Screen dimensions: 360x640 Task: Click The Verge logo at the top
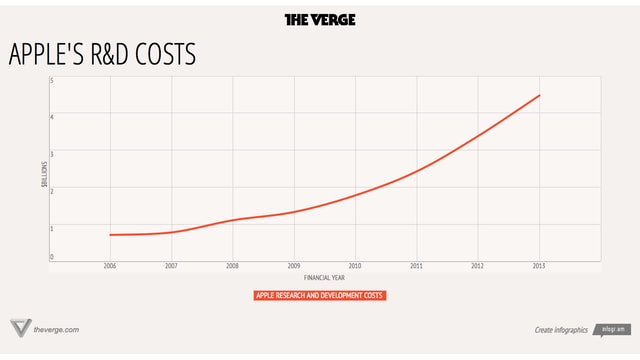[320, 19]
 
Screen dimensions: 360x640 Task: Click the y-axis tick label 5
[51, 80]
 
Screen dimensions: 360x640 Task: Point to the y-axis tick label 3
[51, 153]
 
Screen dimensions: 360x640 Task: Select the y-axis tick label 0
[51, 258]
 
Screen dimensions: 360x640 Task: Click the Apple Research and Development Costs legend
[320, 296]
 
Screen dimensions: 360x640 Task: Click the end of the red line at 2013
[540, 95]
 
